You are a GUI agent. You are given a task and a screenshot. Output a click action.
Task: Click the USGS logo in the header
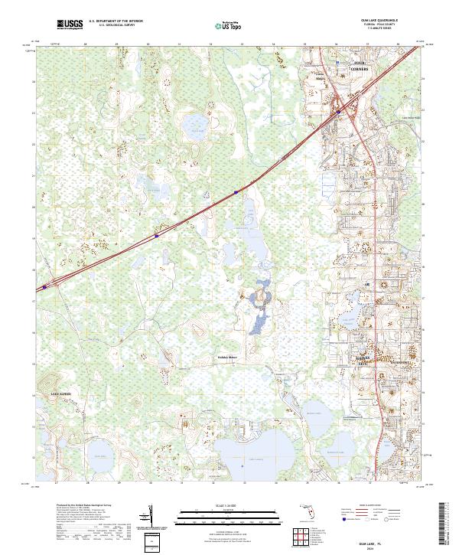pyautogui.click(x=70, y=25)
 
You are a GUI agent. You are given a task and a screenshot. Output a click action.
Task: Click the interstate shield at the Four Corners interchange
pyautogui.click(x=338, y=111)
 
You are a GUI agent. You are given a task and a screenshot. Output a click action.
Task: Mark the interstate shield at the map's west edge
pyautogui.click(x=44, y=287)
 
